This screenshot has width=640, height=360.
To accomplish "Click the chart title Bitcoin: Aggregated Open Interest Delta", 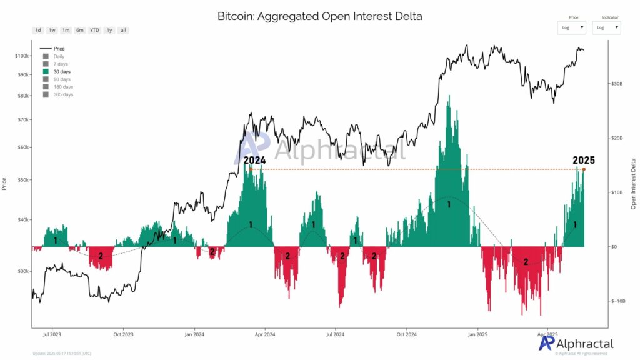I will (x=319, y=16).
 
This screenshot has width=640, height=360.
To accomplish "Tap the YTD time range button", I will (x=94, y=30).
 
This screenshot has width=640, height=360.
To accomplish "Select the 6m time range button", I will (x=80, y=30).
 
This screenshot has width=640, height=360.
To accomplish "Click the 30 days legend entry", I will (x=61, y=72).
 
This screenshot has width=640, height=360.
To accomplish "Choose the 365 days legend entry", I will (x=62, y=94).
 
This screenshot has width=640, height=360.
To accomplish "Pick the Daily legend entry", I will (x=59, y=56).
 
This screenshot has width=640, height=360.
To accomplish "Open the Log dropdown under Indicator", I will (x=606, y=27).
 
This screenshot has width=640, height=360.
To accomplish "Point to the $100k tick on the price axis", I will (x=22, y=56).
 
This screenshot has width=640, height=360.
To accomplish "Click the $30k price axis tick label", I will (x=23, y=271).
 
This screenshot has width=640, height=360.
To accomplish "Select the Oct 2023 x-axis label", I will (x=123, y=334).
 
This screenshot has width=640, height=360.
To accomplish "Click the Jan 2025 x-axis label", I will (x=477, y=334).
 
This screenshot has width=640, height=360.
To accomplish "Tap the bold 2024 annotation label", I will (x=255, y=160).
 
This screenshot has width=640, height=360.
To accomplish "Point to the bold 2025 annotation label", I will (x=584, y=160).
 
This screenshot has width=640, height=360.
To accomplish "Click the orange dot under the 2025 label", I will (x=584, y=169).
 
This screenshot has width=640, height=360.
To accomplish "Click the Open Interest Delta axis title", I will (x=633, y=183).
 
